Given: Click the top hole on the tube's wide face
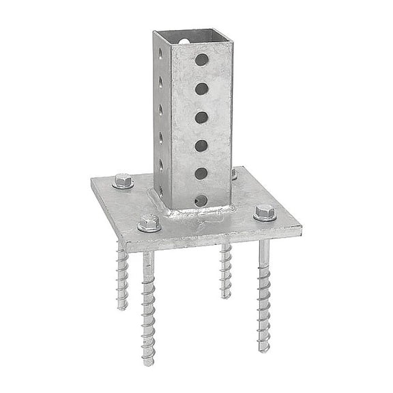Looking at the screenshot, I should (201, 60).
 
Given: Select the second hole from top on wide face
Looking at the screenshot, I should (201, 89).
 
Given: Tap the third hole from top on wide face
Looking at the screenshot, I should (201, 117).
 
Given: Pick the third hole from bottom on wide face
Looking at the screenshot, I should (201, 145).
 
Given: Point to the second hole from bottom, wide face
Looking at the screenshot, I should (201, 173).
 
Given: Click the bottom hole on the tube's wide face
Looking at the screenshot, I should (201, 201).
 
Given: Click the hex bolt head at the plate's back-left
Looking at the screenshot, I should (123, 181).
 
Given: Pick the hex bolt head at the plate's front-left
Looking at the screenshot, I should (148, 222).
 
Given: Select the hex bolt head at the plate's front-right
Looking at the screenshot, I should (265, 212).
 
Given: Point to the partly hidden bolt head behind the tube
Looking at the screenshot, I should (234, 174).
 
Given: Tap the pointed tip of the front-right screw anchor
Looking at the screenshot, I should (263, 349).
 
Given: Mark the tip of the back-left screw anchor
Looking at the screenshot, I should (122, 307).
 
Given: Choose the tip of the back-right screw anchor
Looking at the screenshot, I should (225, 296).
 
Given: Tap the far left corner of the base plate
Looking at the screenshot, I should (92, 180).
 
